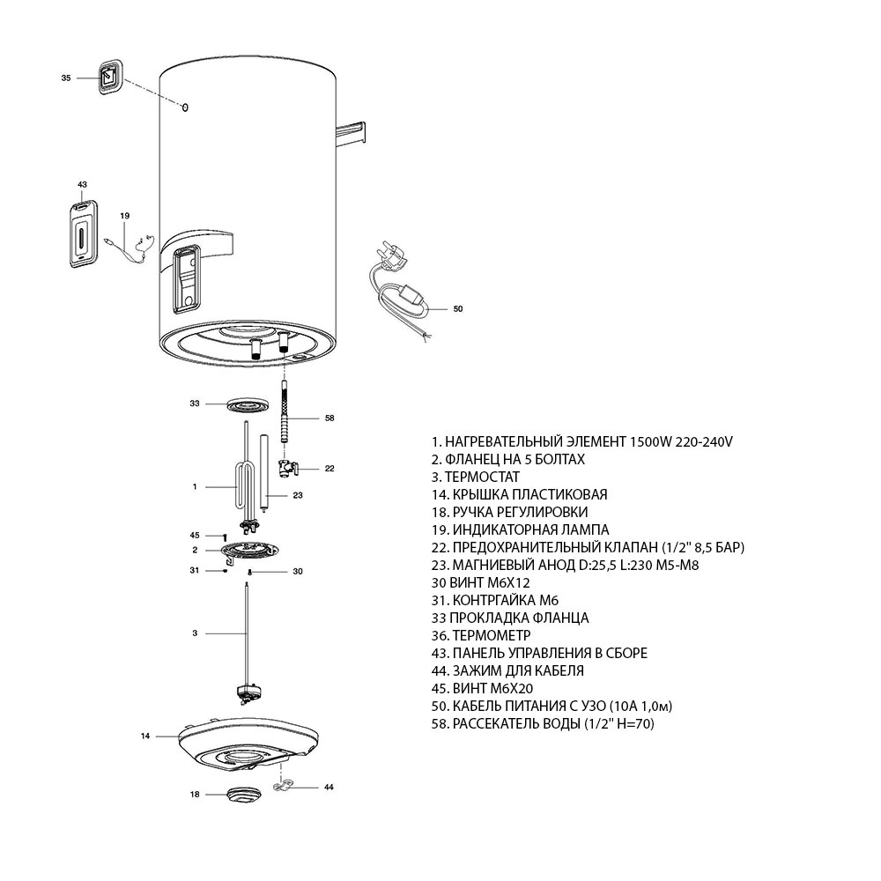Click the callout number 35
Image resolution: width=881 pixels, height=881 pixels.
coord(65,78)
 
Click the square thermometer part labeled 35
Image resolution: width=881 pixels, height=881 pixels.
coord(109,77)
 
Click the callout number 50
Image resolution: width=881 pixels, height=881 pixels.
coord(456,309)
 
